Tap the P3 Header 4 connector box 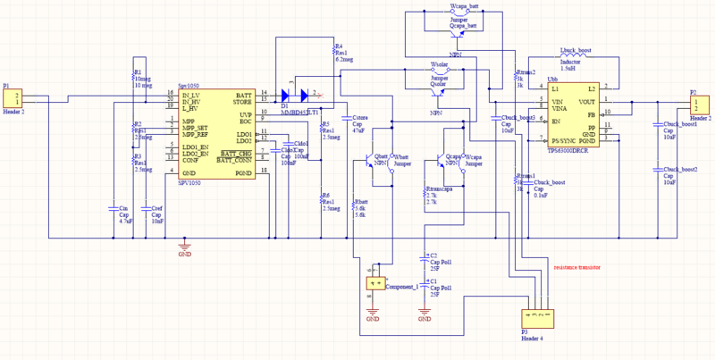pos(535,317)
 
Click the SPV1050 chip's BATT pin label pos(242,94)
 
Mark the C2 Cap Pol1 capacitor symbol pos(424,259)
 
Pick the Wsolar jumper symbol pos(440,71)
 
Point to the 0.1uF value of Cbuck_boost pos(541,195)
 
